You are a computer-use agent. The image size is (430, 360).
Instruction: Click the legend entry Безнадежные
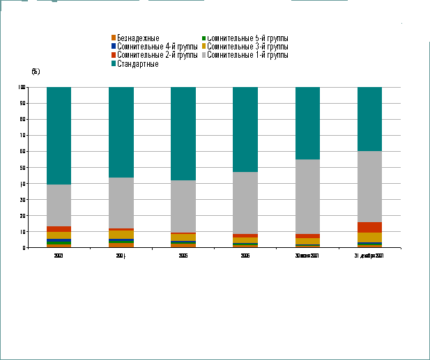click(x=139, y=38)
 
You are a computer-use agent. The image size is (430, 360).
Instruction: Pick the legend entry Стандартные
click(x=138, y=63)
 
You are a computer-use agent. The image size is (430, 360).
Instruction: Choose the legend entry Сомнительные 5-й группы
click(x=247, y=38)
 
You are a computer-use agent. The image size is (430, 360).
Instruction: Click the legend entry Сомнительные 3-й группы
click(x=247, y=46)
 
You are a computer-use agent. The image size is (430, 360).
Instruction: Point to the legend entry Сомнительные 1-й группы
click(x=247, y=54)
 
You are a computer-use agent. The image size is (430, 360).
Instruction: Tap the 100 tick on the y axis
click(x=22, y=87)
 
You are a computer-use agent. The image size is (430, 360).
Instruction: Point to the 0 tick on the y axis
click(x=24, y=248)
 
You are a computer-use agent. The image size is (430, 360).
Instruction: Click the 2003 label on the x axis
click(x=59, y=256)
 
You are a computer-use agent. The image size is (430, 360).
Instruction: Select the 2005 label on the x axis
click(x=183, y=256)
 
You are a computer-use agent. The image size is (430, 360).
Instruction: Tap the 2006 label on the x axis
click(x=245, y=256)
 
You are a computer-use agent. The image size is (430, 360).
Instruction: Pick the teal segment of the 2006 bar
click(x=245, y=130)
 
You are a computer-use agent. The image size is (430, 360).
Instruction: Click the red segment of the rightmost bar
click(x=369, y=227)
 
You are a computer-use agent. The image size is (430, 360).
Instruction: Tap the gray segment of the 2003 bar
click(x=59, y=205)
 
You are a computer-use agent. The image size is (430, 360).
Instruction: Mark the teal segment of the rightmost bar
click(x=369, y=119)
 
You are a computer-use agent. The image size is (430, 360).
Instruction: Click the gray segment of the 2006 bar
click(x=245, y=203)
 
